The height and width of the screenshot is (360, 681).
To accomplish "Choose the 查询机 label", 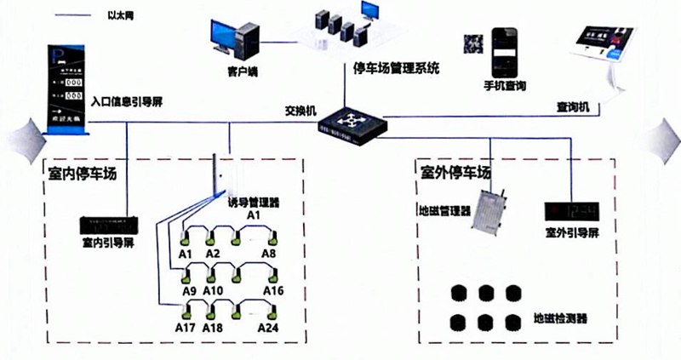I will pos(579,107).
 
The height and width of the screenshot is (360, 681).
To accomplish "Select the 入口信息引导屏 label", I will pos(127,103).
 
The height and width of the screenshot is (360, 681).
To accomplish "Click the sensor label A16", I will pos(273,290).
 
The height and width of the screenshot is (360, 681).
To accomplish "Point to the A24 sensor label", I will pos(268,328).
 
